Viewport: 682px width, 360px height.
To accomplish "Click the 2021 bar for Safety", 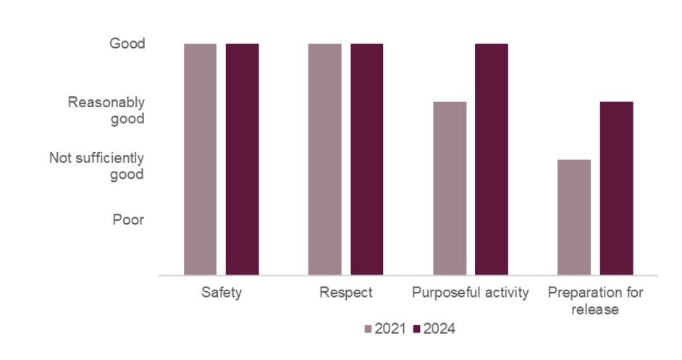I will click(x=200, y=159).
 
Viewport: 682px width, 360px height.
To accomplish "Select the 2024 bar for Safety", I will click(x=242, y=159).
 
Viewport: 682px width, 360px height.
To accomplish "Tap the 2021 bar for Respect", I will click(x=324, y=159).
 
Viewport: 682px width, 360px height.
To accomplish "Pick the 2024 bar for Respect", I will click(x=367, y=159).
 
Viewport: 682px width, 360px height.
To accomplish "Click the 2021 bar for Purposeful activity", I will click(x=450, y=188).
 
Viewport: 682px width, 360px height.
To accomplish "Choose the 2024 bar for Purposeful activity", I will click(x=492, y=159).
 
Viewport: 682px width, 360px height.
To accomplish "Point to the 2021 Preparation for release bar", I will click(x=574, y=217).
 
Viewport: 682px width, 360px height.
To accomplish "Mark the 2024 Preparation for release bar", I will click(x=616, y=188).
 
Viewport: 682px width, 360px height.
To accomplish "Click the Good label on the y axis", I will click(x=127, y=44).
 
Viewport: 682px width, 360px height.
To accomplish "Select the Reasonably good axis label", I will click(x=106, y=110).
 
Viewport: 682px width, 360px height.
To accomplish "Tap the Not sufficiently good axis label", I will click(x=96, y=166).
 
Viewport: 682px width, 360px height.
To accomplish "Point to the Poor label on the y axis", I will click(x=128, y=220).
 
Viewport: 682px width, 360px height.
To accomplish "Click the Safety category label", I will click(x=221, y=293).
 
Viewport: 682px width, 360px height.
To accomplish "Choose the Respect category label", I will click(x=345, y=293).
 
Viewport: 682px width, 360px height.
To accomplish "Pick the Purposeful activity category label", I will click(x=471, y=293).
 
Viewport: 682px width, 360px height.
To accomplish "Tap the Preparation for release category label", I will click(x=595, y=301).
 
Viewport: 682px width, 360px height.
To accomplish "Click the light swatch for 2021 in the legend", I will click(x=367, y=330).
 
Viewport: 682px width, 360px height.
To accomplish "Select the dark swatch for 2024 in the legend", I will click(x=416, y=330).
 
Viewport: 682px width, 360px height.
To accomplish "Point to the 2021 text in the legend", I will click(x=390, y=330).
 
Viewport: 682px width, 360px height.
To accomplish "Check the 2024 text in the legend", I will click(x=439, y=330).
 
